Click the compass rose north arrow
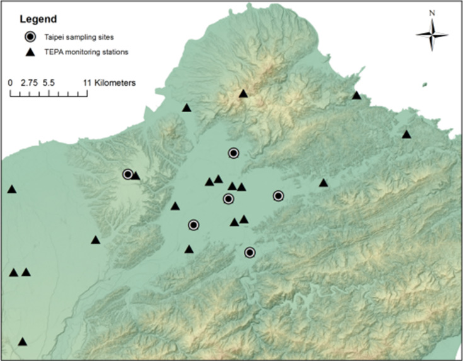coord(432,35)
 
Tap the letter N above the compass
coord(432,12)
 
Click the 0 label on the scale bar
coord(11,83)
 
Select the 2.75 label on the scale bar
coord(29,83)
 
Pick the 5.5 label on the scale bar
coord(50,83)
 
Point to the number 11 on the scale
coord(88,83)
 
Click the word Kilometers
coord(116,83)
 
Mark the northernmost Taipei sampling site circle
coord(234,153)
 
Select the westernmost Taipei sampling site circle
coord(128,174)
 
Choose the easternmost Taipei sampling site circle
coord(278,196)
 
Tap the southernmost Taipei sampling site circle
coord(249,253)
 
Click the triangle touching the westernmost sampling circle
coord(135,176)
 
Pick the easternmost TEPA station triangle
coord(406,135)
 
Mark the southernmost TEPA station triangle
coord(23,342)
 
